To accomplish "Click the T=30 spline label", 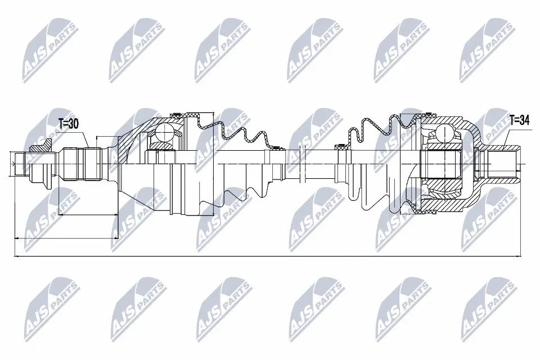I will coord(68,124).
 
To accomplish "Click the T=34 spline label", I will coord(520,119).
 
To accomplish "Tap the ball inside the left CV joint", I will coord(166,133).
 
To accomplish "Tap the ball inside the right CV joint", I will coord(444,132).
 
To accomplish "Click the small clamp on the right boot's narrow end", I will coord(340,147).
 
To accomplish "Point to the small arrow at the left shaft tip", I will coord(12,164).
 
